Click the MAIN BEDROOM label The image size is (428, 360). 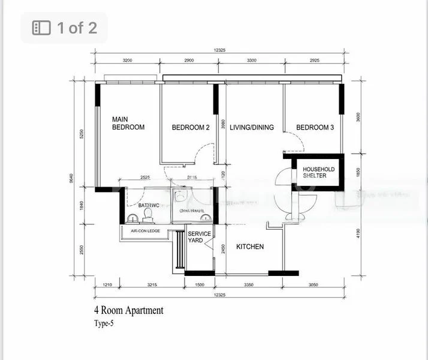[128, 123]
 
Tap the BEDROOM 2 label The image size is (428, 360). [190, 127]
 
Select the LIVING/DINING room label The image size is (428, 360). [252, 127]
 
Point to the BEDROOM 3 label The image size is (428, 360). [315, 127]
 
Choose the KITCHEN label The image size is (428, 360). [249, 247]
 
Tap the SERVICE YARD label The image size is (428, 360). [199, 238]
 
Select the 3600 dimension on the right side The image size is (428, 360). [359, 118]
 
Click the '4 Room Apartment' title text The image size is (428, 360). [128, 311]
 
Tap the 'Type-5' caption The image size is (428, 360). [103, 323]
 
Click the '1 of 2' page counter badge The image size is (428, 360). [64, 28]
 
